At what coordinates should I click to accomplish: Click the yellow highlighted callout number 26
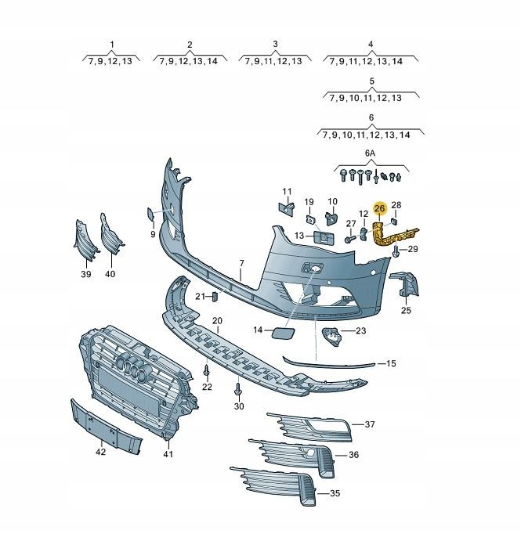coord(379,208)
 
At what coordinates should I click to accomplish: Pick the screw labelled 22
coord(206,371)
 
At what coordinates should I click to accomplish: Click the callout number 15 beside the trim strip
coord(391,363)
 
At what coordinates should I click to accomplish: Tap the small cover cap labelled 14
coord(284,332)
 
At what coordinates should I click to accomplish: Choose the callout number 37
coord(370,424)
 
